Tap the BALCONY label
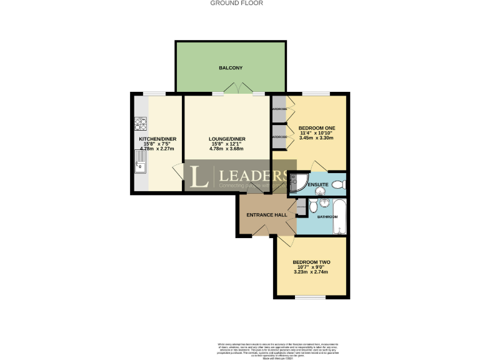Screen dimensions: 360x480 231,67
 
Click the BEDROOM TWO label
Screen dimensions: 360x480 311,262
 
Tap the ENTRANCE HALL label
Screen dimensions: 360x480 266,215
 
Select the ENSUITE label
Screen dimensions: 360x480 317,184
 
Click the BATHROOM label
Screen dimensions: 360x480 327,217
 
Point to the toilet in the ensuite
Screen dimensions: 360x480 338,184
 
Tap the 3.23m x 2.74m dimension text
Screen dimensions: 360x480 311,272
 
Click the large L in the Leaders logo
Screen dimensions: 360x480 199,176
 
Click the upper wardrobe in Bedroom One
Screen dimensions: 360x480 278,109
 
